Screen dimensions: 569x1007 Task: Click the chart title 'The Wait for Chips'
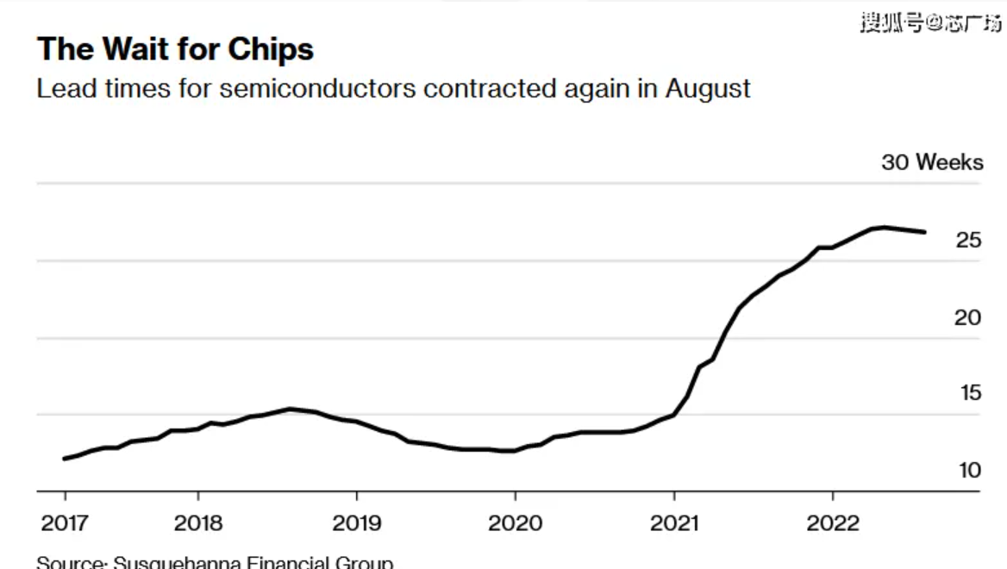(175, 50)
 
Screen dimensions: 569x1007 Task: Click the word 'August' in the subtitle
(707, 89)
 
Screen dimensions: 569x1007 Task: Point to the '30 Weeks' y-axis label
(931, 162)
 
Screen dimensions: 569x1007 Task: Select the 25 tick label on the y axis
(968, 241)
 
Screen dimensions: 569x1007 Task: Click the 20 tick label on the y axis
(968, 317)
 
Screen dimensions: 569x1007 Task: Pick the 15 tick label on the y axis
(970, 393)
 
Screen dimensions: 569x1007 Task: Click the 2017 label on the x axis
(65, 523)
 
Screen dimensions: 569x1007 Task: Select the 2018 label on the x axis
(198, 523)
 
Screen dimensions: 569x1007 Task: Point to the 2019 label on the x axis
(356, 523)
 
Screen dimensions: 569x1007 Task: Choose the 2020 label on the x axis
(515, 523)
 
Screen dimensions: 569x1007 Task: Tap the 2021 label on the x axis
(673, 523)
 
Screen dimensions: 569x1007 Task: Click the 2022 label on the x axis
(832, 523)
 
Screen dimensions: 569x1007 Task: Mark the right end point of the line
(925, 232)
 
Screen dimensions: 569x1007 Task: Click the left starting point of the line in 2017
(65, 459)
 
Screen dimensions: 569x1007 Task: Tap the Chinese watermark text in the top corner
(930, 23)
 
